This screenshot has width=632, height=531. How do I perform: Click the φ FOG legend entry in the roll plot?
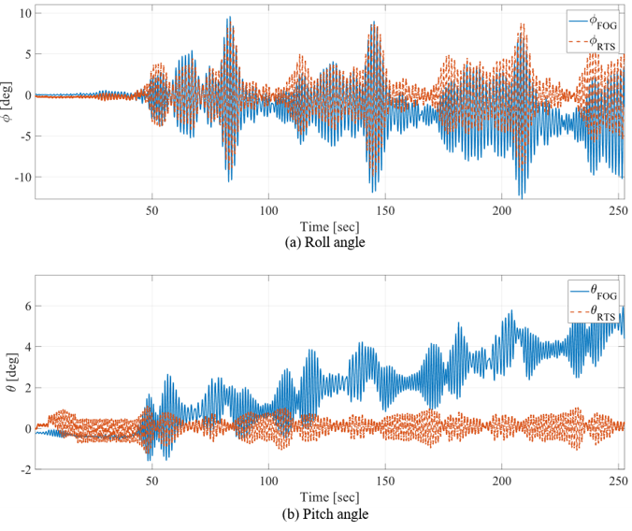[x=594, y=21]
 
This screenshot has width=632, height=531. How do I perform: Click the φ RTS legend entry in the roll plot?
[x=594, y=42]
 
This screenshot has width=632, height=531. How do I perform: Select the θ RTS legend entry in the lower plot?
[x=594, y=311]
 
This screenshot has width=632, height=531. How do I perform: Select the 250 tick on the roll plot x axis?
[x=618, y=208]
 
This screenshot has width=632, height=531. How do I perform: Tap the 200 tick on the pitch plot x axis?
[x=502, y=481]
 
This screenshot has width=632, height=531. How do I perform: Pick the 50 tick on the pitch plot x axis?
[x=151, y=481]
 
